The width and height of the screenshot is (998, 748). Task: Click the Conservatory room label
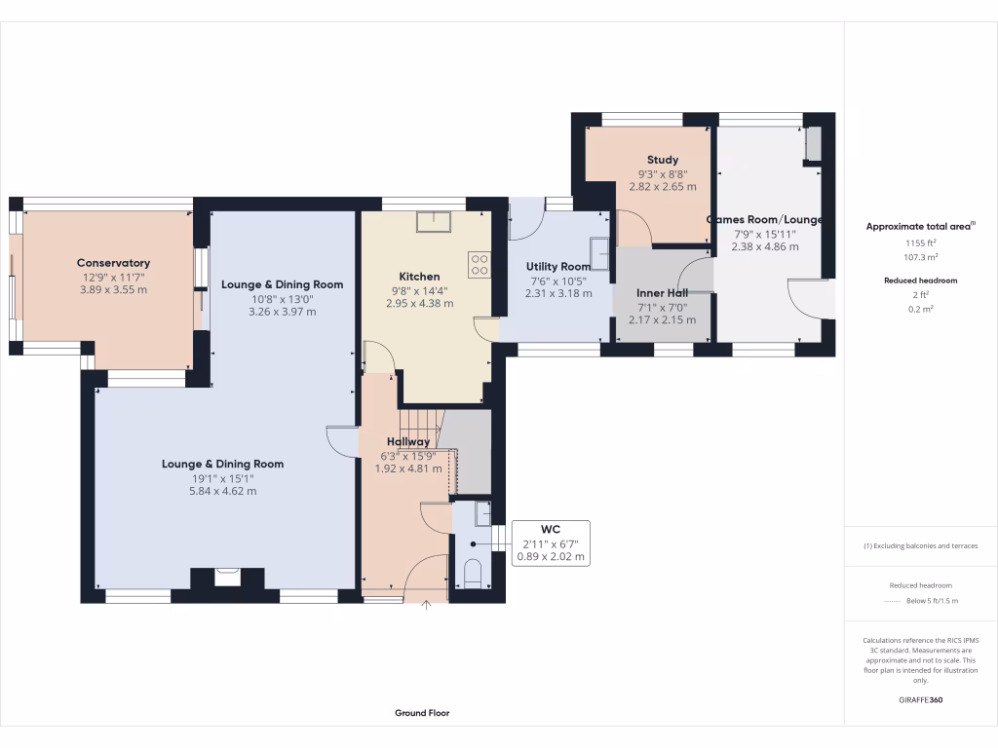click(x=113, y=263)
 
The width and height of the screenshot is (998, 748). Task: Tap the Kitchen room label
click(x=419, y=277)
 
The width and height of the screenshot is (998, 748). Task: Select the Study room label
click(x=662, y=160)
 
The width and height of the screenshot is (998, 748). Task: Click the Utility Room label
click(x=557, y=267)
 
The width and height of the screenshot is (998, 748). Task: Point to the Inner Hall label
click(x=662, y=293)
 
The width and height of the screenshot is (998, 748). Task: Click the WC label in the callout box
click(x=551, y=530)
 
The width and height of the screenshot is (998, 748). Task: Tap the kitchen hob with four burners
click(x=480, y=263)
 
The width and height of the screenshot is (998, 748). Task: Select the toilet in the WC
click(x=474, y=574)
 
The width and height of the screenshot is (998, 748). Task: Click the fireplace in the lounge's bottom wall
click(x=227, y=578)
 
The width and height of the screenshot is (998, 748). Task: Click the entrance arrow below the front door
click(x=426, y=607)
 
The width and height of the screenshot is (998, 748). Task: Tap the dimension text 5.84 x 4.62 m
click(x=222, y=492)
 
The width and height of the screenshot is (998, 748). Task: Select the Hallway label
click(x=406, y=442)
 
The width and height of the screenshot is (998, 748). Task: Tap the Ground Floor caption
click(x=422, y=713)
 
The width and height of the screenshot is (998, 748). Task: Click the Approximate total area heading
click(x=919, y=226)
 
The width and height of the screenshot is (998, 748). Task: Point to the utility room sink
click(x=602, y=254)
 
